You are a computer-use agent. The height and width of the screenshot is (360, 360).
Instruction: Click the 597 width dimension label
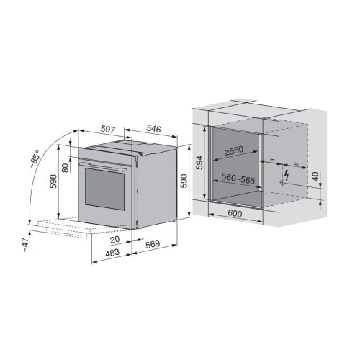tap(108, 130)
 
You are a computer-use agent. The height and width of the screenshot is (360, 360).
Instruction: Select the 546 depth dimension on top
tap(153, 129)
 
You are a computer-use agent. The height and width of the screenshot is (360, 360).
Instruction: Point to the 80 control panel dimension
tap(66, 167)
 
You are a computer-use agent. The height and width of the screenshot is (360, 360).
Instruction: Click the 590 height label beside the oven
tap(184, 181)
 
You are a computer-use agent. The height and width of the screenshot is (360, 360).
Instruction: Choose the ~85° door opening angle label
tap(35, 158)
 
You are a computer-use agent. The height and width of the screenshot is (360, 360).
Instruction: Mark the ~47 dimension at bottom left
tap(25, 244)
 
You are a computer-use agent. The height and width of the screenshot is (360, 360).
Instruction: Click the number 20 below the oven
tap(114, 239)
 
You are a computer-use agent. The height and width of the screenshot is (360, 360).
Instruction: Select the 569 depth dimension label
tap(153, 244)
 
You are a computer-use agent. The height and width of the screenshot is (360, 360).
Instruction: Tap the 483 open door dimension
tap(112, 252)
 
